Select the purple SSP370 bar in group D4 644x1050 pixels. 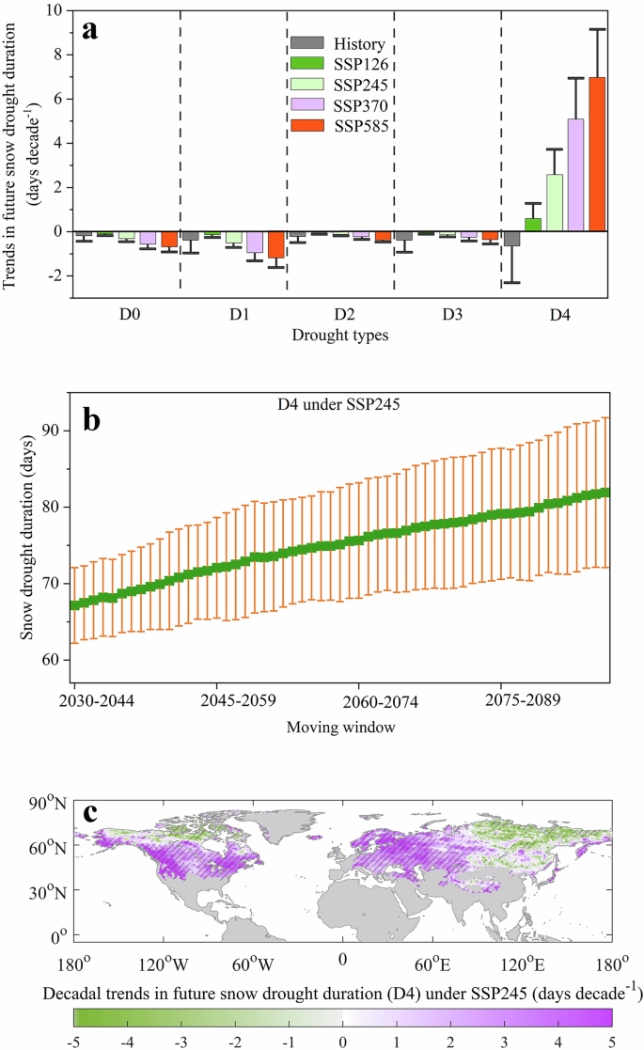(575, 175)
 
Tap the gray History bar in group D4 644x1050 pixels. (511, 239)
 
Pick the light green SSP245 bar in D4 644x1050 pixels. (555, 202)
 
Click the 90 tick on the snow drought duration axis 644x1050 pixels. (52, 430)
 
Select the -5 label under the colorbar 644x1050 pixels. (75, 1041)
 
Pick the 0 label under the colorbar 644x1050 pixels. (343, 1041)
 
